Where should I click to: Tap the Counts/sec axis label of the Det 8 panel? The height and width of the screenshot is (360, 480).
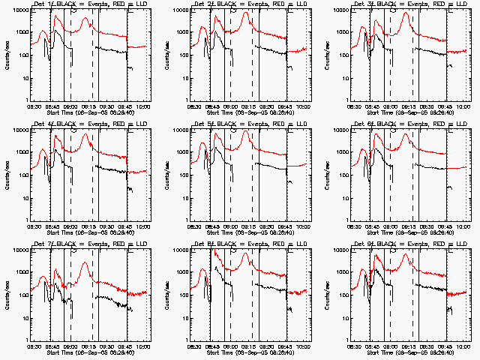167,295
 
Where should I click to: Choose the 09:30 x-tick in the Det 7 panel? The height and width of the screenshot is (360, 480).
106,346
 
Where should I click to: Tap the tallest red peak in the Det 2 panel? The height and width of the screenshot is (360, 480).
245,14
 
